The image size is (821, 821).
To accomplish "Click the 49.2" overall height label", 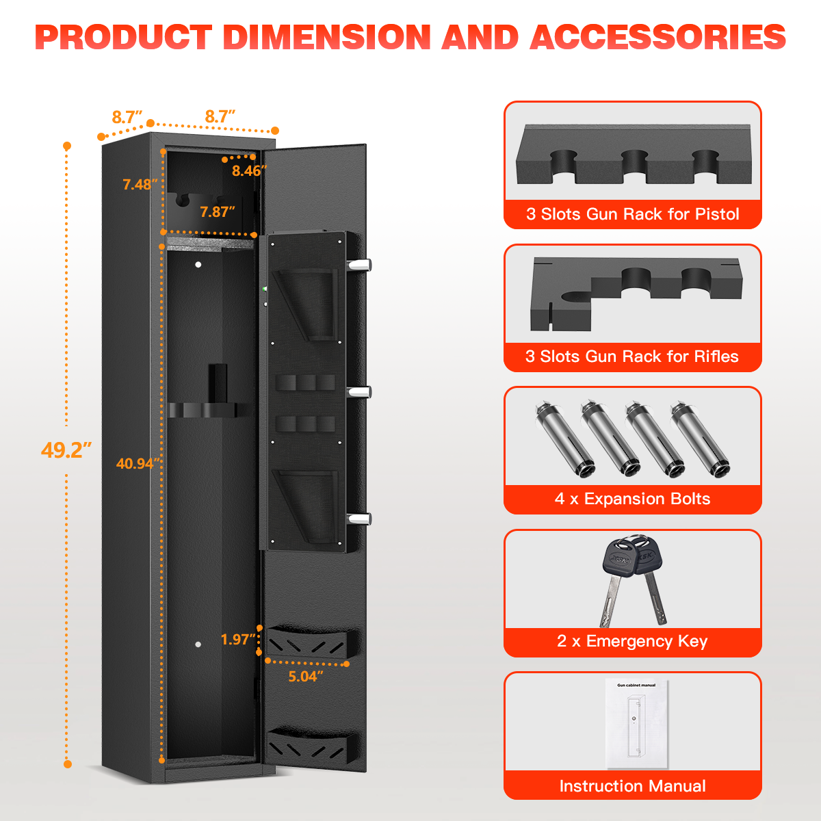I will coord(66,450).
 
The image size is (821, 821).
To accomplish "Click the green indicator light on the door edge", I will coord(265,289).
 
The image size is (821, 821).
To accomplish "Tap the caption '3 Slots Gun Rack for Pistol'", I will coord(632,214).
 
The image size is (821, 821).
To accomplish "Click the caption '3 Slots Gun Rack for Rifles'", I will coord(632,356).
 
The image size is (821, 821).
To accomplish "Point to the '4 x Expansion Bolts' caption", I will coord(632,499).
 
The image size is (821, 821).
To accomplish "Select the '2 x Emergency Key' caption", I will coord(632,641).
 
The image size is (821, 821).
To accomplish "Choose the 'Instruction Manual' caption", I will coord(632,786).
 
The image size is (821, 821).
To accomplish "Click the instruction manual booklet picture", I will coord(636,724).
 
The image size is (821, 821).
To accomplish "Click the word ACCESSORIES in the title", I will coord(657,37).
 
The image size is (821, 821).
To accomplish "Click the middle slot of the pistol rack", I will coord(635,164).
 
